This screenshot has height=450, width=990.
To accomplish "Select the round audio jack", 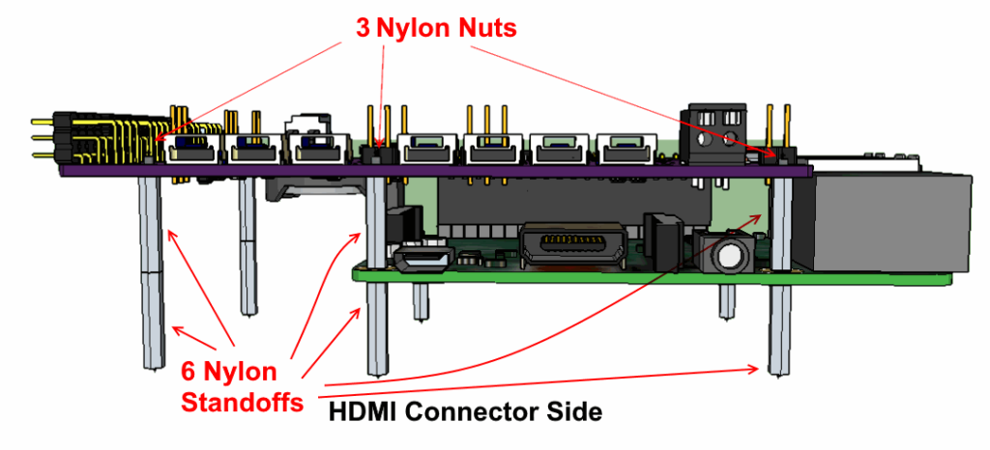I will tap(727, 255).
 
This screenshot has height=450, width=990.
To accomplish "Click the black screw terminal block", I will tap(718, 129).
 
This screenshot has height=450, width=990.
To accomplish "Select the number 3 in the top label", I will tap(362, 28).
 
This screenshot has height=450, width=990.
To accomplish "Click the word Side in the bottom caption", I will tap(578, 412).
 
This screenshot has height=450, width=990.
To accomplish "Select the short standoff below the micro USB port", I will tap(422, 302).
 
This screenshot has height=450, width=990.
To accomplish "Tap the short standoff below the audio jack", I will tap(726, 301).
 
